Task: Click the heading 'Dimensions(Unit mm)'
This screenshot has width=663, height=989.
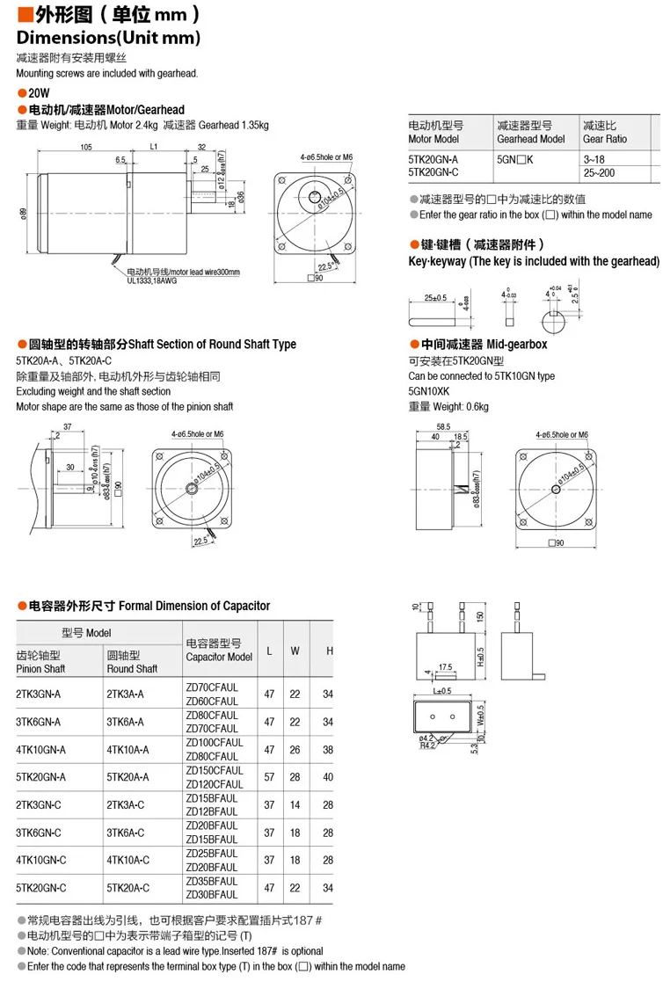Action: pyautogui.click(x=108, y=38)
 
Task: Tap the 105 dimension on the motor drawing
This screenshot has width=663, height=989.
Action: pyautogui.click(x=86, y=147)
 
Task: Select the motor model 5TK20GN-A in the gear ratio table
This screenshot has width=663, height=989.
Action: pyautogui.click(x=433, y=158)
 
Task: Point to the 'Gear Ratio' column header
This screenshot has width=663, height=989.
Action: pyautogui.click(x=604, y=139)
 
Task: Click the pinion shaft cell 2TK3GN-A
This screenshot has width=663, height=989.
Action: pyautogui.click(x=40, y=694)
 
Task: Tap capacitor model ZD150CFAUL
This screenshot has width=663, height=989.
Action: pyautogui.click(x=212, y=770)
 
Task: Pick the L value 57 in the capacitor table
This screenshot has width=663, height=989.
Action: pyautogui.click(x=269, y=777)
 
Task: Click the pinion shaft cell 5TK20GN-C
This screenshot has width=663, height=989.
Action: pyautogui.click(x=41, y=888)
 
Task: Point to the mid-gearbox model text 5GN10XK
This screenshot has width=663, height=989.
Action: pyautogui.click(x=429, y=391)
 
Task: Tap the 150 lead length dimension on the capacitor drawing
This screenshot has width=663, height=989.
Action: pyautogui.click(x=480, y=616)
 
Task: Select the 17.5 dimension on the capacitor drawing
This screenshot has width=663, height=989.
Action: pyautogui.click(x=444, y=666)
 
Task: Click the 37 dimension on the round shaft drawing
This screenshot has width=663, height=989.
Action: pyautogui.click(x=67, y=427)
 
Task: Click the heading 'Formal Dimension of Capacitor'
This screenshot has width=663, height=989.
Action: pyautogui.click(x=193, y=606)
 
